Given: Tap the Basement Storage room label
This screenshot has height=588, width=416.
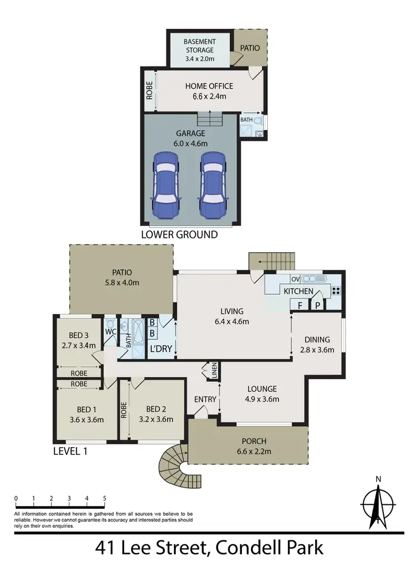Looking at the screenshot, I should [199, 46].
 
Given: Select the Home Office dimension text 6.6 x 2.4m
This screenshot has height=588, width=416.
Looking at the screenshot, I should [209, 96].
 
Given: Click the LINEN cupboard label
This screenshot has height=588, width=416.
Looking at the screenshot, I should [214, 370].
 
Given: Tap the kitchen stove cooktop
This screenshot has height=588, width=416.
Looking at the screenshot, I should [336, 289].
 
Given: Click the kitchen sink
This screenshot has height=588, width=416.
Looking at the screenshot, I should [314, 278].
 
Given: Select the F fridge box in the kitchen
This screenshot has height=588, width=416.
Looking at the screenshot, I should [300, 304].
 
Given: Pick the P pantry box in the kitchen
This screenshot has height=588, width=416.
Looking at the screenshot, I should [318, 304].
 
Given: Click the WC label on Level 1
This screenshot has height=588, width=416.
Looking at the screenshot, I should [110, 332].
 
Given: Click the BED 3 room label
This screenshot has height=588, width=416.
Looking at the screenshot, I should [79, 335].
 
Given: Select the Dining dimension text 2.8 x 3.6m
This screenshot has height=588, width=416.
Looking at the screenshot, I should [317, 350].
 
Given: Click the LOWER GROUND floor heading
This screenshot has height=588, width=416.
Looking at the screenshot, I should [179, 234].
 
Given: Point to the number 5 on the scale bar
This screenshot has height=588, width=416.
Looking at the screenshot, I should [104, 498].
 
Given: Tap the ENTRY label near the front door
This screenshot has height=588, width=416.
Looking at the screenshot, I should [204, 400].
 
